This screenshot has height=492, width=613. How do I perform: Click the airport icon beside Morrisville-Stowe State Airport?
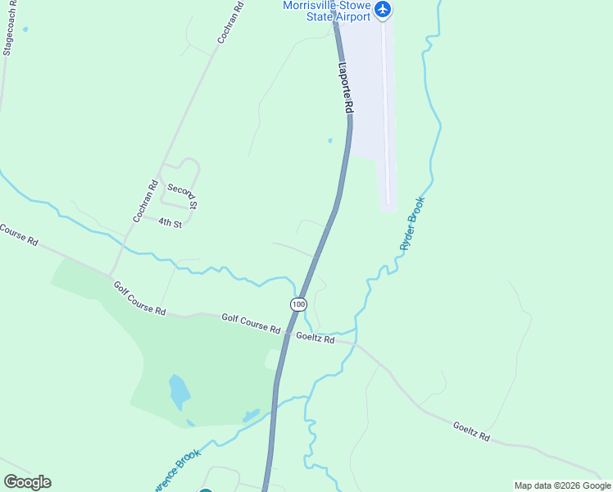point(383,10)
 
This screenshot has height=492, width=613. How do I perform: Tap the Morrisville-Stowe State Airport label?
point(327,11)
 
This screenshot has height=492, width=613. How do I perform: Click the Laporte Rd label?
point(346,88)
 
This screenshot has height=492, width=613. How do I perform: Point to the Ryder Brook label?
point(412,223)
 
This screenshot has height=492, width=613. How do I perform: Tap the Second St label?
point(182,195)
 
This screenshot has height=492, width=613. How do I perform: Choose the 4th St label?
point(169,222)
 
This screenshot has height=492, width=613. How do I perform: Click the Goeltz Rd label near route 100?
point(315,338)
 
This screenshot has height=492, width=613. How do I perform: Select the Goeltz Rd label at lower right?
point(470,431)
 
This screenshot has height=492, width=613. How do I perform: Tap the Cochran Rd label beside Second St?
point(144,201)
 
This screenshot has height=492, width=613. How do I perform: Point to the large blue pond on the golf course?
point(179,392)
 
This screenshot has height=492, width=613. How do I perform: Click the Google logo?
point(27,482)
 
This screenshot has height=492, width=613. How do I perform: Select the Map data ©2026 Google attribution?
point(562,485)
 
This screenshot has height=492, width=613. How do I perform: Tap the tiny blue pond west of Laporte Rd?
point(329,140)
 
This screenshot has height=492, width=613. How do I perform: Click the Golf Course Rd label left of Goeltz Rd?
point(251,322)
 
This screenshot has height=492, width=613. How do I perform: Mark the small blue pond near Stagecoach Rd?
point(25,30)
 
